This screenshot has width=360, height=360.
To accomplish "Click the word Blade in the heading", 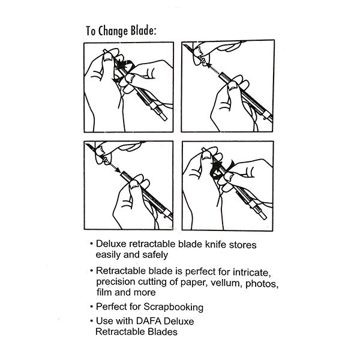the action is (143, 31).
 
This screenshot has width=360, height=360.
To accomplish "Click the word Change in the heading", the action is (113, 31).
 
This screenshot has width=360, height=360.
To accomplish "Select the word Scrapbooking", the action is (173, 307).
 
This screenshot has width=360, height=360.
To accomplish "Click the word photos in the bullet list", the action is (262, 284).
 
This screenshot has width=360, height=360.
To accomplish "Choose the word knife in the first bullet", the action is (215, 244).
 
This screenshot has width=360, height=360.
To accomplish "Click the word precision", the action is (115, 283).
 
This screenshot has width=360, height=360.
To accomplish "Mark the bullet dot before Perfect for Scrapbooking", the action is (92, 307).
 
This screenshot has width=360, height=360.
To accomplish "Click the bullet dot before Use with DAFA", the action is (92, 321).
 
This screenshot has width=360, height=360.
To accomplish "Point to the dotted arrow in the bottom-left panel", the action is (113, 166).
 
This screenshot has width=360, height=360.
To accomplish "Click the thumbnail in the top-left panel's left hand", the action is (107, 57).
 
